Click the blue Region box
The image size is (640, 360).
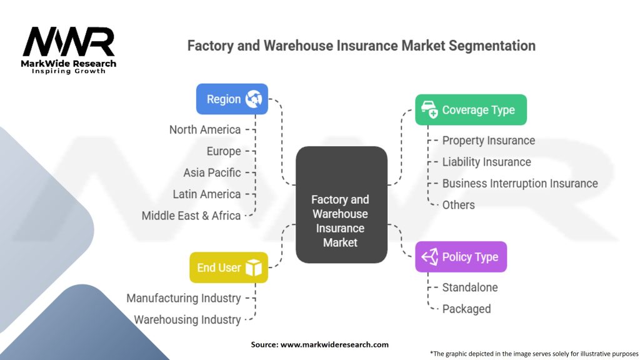(232, 99)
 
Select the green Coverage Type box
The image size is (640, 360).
(471, 110)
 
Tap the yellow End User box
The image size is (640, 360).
(229, 267)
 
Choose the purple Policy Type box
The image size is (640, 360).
(461, 257)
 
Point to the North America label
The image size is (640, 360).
(205, 129)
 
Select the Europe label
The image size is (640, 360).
(224, 151)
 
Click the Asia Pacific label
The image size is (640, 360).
(212, 172)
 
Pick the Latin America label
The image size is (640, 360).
(207, 194)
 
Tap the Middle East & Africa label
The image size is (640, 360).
(191, 216)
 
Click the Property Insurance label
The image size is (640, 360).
(488, 141)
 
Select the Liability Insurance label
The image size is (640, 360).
(486, 162)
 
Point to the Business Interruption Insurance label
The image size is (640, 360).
(520, 183)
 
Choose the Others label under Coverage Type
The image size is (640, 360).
(458, 205)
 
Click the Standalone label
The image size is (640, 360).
(469, 287)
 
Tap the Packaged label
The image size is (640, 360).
(466, 309)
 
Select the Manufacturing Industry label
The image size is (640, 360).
(184, 298)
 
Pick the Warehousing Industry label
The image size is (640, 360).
(187, 319)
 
